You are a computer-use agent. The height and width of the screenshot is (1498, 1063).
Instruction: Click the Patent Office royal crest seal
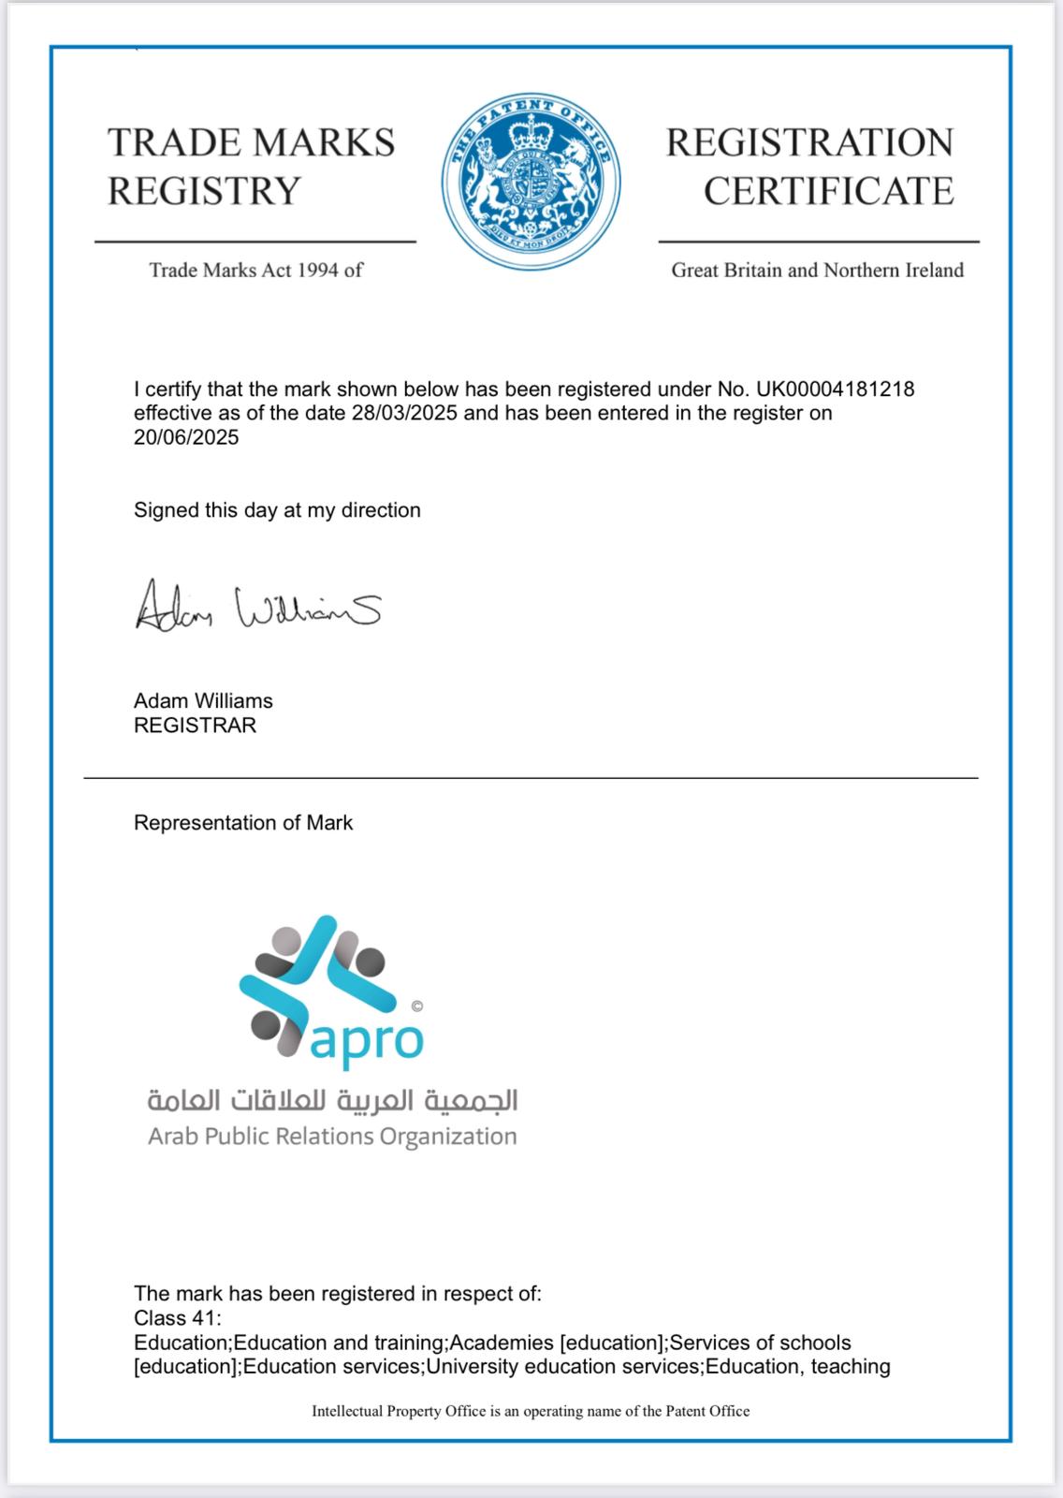[531, 179]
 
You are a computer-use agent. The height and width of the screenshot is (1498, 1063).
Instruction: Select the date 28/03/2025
[404, 413]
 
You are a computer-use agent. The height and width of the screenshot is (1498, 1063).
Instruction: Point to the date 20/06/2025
[186, 437]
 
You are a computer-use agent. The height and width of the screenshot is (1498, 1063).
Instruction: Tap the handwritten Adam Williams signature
[257, 606]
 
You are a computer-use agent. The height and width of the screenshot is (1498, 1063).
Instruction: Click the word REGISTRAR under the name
[195, 726]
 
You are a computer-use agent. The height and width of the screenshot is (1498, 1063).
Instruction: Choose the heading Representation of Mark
[243, 823]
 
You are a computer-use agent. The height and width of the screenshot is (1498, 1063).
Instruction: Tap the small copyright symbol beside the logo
[417, 1006]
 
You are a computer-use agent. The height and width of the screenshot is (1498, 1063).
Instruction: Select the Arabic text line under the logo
[332, 1100]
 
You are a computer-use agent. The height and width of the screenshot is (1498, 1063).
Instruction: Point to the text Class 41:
[178, 1318]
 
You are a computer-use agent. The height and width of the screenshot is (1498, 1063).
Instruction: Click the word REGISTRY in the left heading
[204, 191]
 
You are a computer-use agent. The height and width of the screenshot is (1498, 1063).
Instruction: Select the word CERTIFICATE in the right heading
[828, 191]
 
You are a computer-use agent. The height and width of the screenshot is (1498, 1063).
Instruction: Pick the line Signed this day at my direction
[277, 510]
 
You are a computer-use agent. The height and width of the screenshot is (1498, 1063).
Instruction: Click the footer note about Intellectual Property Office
[531, 1411]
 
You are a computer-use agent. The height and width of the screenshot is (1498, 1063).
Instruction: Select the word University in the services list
[473, 1366]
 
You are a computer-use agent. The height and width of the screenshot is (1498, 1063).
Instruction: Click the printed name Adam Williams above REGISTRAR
[203, 701]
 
